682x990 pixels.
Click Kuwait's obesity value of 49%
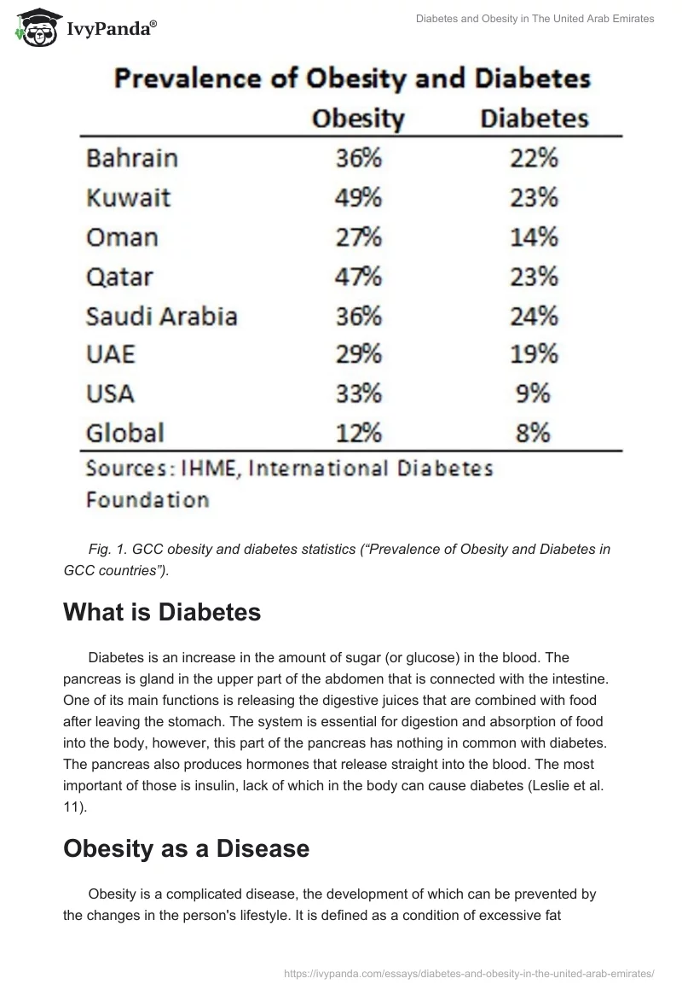tap(357, 198)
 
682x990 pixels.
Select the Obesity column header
tap(357, 118)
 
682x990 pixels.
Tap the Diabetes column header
tap(534, 118)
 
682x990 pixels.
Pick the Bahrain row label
tap(132, 159)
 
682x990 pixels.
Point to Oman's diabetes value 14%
tap(534, 237)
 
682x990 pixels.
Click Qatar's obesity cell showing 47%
tap(357, 277)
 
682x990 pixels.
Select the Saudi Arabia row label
tap(161, 316)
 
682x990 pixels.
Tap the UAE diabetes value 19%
tap(534, 354)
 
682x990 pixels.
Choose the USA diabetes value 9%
tap(534, 393)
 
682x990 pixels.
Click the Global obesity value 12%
tap(357, 433)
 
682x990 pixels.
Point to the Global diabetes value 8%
tap(534, 433)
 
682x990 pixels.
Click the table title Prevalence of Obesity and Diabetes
tap(352, 79)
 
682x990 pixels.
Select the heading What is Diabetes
tap(161, 612)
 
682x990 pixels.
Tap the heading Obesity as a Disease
tap(186, 848)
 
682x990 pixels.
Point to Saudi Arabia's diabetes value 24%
tap(534, 316)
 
